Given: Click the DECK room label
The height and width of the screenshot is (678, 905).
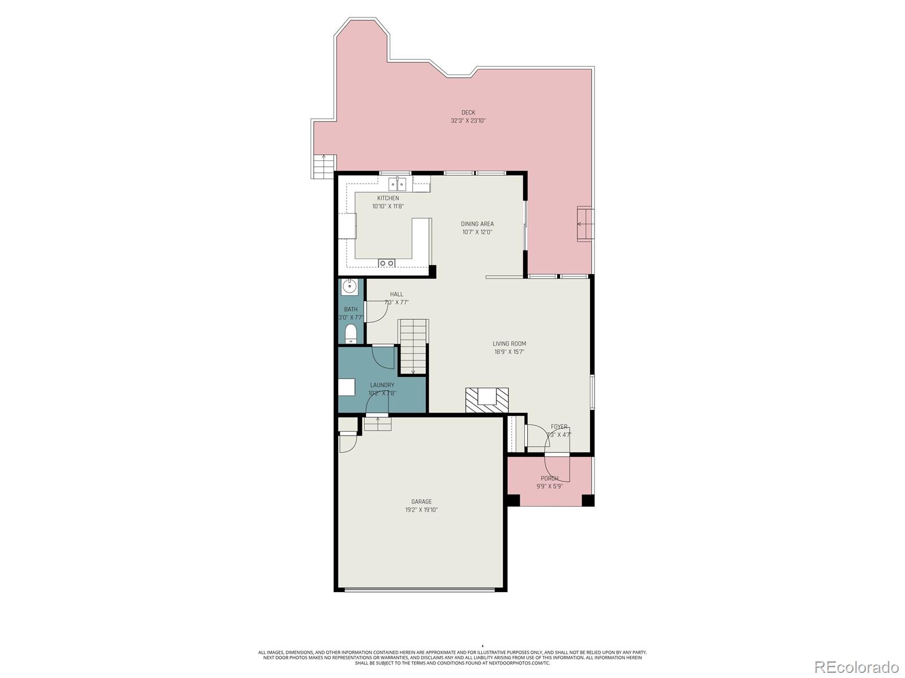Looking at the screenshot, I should [x=468, y=112].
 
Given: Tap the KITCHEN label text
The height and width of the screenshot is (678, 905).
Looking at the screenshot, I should [x=388, y=198].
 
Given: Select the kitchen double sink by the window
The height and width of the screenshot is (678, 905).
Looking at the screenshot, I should [x=397, y=184].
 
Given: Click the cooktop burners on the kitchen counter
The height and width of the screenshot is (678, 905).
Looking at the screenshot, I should [x=386, y=263].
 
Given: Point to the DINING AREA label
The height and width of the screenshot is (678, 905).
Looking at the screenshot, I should [x=477, y=224].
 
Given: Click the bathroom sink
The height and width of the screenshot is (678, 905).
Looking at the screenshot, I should [x=350, y=287].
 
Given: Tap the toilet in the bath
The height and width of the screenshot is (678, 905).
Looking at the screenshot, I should [x=351, y=334].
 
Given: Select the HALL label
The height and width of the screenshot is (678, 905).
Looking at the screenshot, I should [x=397, y=294].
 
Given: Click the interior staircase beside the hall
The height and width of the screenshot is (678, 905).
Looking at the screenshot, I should [x=413, y=345].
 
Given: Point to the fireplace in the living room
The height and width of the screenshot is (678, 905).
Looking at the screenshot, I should [x=486, y=400].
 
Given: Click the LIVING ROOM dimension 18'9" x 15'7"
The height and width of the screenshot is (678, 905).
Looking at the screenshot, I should [x=509, y=351].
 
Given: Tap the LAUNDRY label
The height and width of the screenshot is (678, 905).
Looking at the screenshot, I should [x=382, y=385].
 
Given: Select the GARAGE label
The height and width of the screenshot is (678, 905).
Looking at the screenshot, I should [x=421, y=502].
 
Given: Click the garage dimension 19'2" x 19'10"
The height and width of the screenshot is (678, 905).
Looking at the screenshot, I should [x=421, y=510].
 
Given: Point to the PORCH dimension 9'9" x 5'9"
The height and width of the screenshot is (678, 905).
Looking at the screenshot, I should [x=549, y=486].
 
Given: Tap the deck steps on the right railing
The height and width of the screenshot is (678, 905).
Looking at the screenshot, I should [x=585, y=224].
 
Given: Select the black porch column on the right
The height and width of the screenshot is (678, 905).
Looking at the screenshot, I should [x=588, y=500].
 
